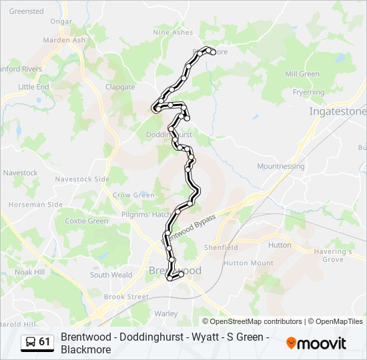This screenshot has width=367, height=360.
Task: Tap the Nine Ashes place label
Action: [173, 32]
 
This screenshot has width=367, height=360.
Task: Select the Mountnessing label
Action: [280, 166]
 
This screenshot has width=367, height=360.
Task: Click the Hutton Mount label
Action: [248, 263]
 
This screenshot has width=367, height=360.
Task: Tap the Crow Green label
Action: [133, 195]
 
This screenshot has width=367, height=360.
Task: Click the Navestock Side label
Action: [81, 179]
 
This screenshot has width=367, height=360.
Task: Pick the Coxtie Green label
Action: [87, 221]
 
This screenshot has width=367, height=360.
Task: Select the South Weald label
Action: [111, 275]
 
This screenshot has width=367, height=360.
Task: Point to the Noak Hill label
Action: [29, 272]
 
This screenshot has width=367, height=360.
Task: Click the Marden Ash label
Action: [65, 39]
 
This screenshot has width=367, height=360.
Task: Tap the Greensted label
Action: [27, 11]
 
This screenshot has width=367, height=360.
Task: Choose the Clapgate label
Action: [120, 87]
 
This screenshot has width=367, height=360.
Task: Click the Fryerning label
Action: [308, 93]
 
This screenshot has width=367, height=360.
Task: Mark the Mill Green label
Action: [302, 74]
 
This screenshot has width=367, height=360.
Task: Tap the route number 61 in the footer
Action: [45, 342]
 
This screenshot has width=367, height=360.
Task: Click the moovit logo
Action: [316, 343]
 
